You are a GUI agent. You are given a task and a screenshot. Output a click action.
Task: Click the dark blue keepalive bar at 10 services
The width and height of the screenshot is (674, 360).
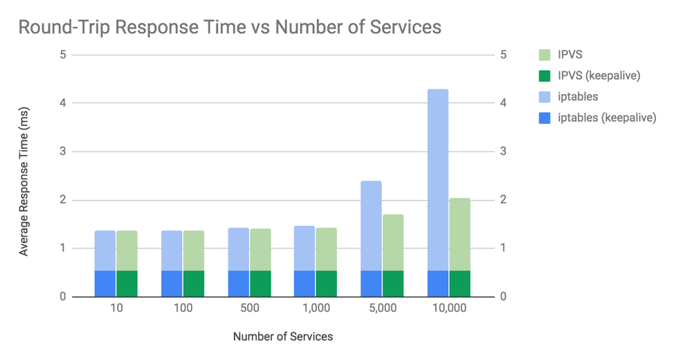tap(104, 283)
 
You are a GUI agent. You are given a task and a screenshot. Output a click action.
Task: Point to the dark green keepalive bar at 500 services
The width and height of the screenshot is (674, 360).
tap(260, 283)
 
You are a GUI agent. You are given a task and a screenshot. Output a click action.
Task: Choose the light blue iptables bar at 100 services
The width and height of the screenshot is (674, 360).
tap(172, 250)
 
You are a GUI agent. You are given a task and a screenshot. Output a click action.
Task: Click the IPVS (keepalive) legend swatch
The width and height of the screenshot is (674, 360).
tap(545, 75)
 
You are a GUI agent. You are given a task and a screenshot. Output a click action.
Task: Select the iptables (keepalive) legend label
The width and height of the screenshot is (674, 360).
tap(607, 118)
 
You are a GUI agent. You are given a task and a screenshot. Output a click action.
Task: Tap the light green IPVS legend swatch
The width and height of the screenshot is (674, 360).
tap(545, 55)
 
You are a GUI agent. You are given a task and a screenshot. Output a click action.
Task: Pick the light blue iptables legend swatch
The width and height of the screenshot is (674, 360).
tap(545, 97)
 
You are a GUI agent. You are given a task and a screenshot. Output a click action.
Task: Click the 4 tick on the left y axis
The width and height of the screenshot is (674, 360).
tap(62, 103)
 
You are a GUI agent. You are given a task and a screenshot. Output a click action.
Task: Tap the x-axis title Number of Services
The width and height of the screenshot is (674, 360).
tap(282, 337)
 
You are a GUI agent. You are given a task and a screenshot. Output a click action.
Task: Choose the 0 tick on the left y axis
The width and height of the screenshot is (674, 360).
tap(62, 297)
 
